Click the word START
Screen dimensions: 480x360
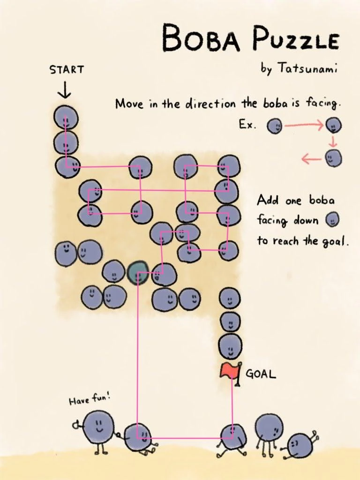click(x=67, y=70)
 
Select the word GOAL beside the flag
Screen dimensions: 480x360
click(x=261, y=375)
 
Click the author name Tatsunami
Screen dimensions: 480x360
click(x=307, y=68)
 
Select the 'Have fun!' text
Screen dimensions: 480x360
click(x=89, y=400)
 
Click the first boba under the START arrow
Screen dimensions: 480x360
click(x=66, y=118)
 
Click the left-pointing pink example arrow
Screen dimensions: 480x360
click(x=311, y=159)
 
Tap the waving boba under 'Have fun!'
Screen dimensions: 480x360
click(x=97, y=427)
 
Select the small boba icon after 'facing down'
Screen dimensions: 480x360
click(x=332, y=219)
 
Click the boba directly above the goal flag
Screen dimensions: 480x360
click(x=230, y=347)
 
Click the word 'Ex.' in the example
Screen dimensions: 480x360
click(x=247, y=126)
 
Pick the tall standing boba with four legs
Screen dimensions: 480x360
click(x=269, y=429)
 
